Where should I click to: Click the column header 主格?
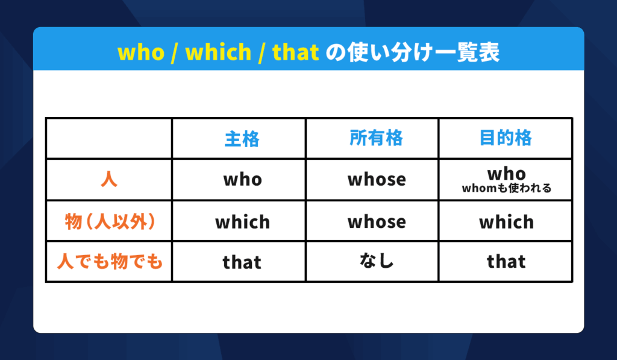242,139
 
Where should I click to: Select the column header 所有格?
376,138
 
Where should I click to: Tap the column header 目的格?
506,138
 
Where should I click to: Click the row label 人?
109,180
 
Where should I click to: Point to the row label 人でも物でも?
110,261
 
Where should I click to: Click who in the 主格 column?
243,180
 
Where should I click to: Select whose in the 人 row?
377,180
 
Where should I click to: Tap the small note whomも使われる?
507,188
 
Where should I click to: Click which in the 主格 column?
242,222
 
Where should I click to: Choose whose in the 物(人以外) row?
377,222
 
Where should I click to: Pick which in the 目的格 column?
506,222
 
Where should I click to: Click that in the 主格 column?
242,262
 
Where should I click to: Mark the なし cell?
377,261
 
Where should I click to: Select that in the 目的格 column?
506,262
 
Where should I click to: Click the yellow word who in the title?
141,52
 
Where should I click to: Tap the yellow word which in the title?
218,52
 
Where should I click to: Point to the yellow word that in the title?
295,52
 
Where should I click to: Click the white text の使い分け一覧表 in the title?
413,52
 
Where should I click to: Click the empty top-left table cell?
109,138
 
